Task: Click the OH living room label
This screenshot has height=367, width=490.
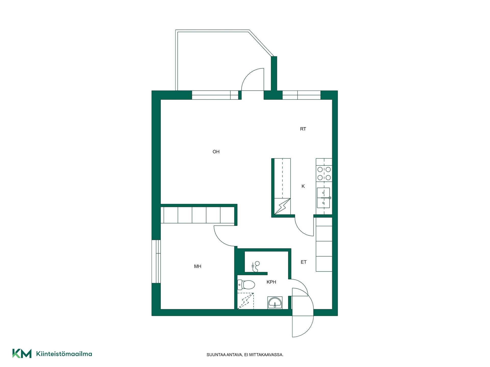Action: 216,152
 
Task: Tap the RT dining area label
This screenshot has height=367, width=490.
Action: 303,129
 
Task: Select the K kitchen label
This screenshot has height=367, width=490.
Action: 303,186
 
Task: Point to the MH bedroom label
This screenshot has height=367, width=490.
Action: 198,266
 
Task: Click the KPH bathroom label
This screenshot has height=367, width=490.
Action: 271,282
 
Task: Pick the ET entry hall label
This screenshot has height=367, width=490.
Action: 303,262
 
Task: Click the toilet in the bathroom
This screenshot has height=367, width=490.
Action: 246,285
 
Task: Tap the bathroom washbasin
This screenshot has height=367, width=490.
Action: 275,303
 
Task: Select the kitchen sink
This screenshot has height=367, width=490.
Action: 324,198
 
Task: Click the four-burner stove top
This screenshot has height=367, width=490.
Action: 324,174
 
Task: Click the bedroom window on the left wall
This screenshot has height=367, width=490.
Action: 156,261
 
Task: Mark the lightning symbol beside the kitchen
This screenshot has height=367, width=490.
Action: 282,206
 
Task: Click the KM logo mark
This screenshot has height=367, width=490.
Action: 22,353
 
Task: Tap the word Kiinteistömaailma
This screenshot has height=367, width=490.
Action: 64,354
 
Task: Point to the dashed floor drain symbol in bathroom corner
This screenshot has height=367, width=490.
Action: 246,301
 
